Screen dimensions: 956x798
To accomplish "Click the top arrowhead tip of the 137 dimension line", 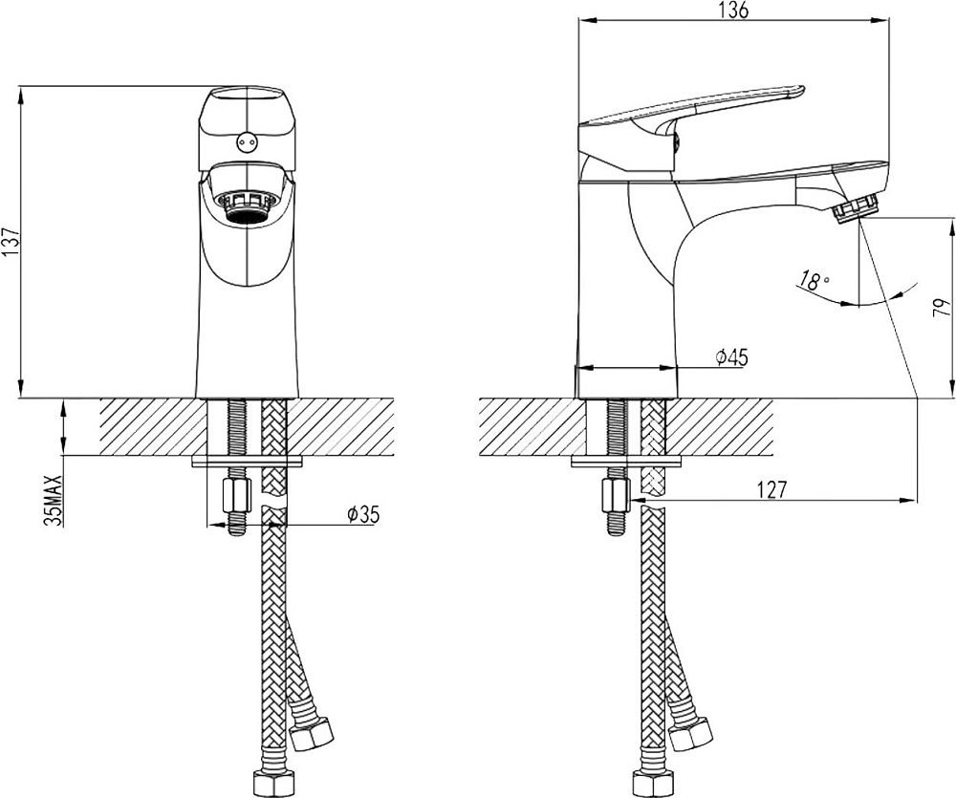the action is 22,87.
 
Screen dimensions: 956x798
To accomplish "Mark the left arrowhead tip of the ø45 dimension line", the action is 576,368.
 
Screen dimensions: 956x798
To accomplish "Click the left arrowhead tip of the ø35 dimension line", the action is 207,524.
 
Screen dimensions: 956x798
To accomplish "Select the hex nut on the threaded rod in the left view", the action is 236,496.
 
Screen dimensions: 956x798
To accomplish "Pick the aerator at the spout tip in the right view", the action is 856,207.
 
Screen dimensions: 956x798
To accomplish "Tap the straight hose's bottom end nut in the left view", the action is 273,783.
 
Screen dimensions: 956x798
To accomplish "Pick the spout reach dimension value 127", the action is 773,490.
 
